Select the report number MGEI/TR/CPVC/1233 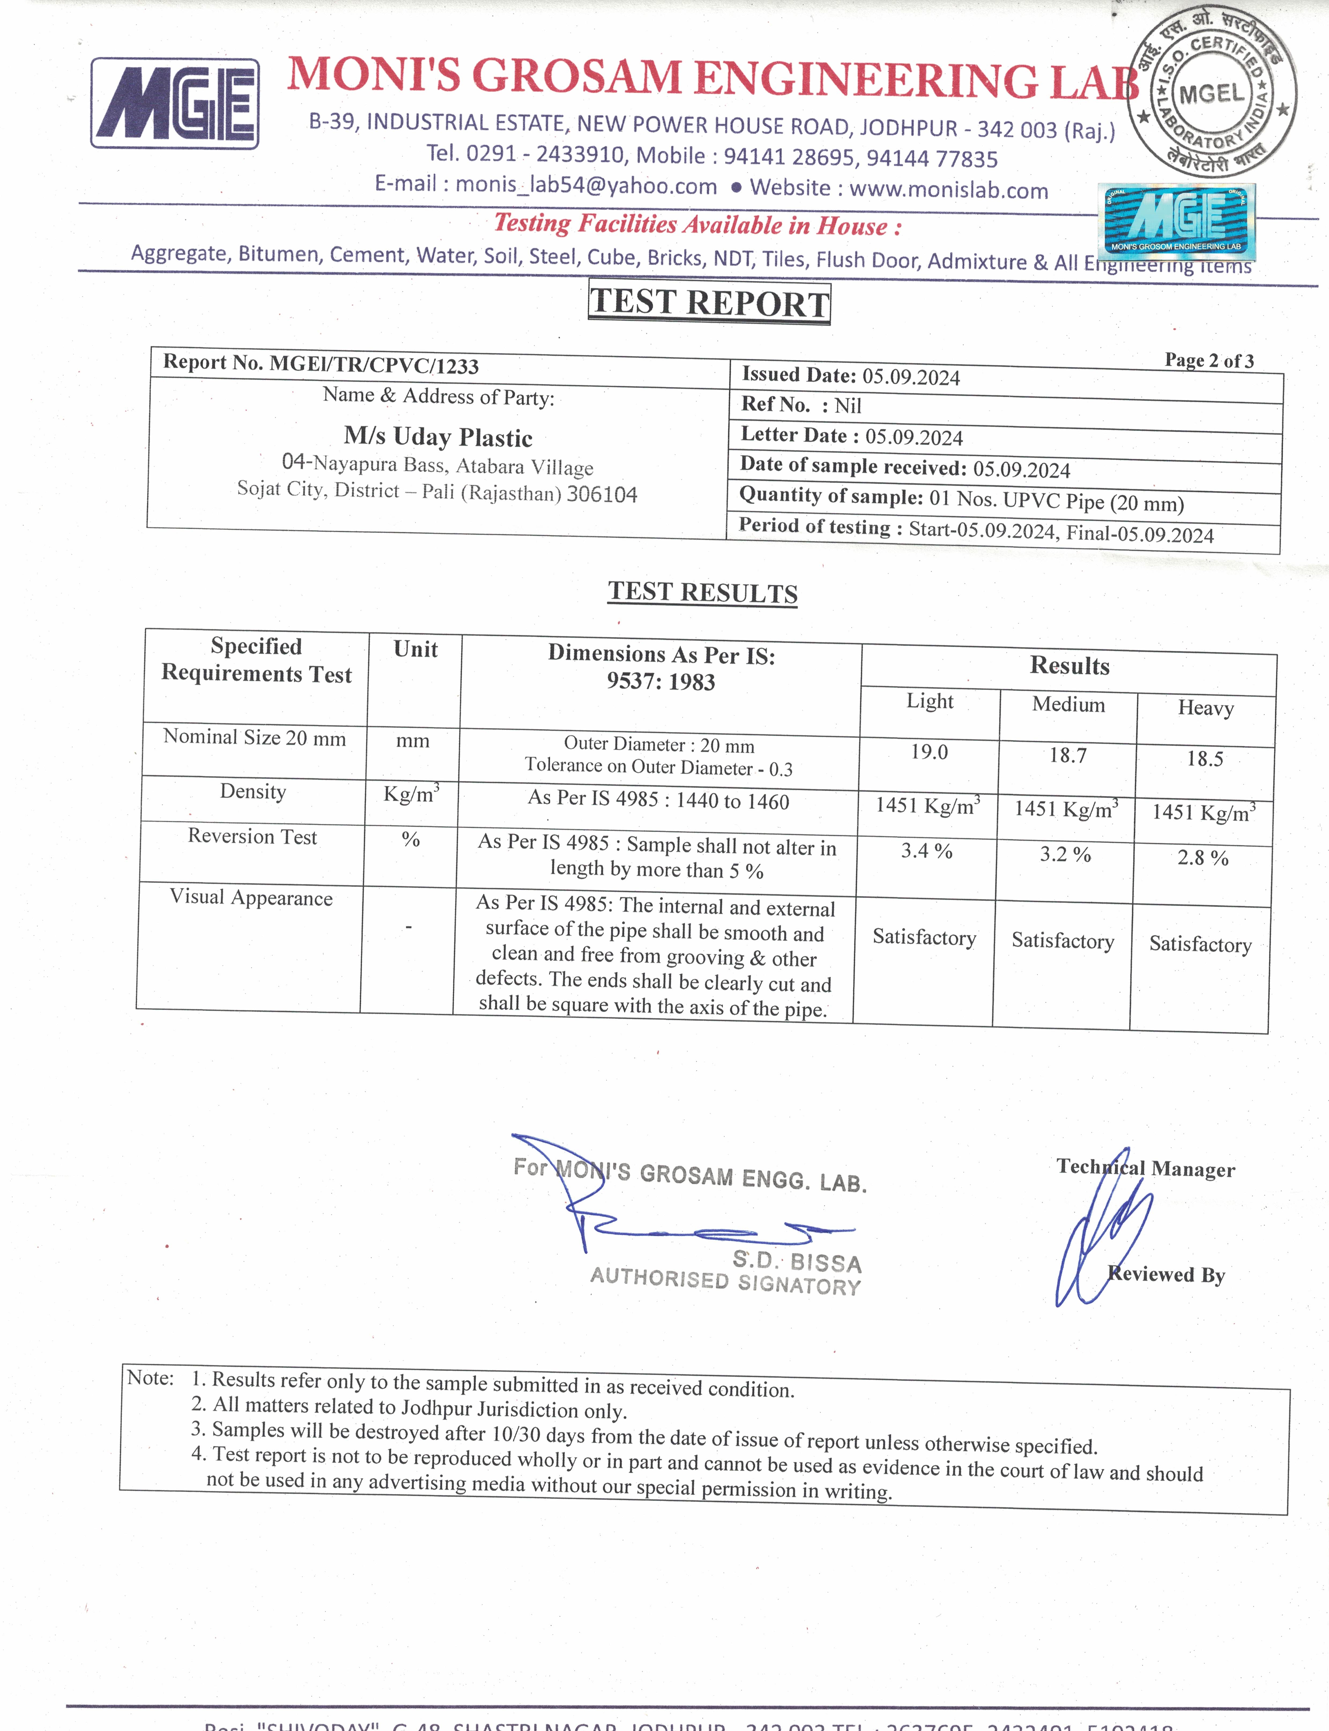[374, 365]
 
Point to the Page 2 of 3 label [1209, 361]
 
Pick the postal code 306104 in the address [602, 495]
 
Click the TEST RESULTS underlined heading [703, 593]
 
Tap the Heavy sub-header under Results [1206, 707]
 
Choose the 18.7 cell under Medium [1068, 756]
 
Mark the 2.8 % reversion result [1202, 857]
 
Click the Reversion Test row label [252, 836]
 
